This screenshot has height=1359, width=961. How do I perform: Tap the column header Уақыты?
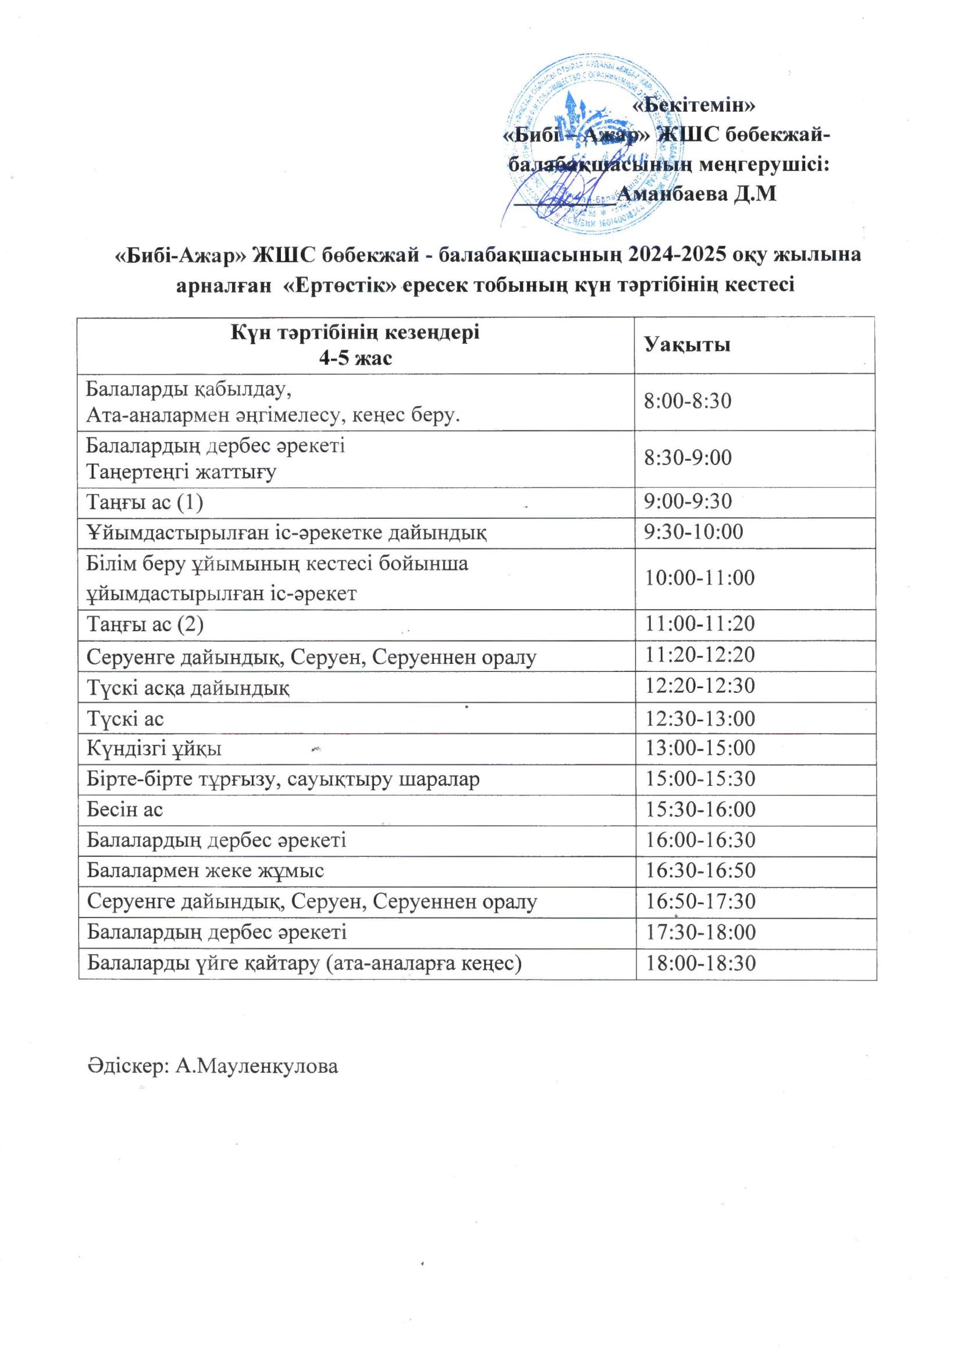(687, 345)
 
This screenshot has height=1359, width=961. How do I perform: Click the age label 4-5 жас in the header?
(355, 358)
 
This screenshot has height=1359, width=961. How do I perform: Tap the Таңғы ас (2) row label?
(145, 624)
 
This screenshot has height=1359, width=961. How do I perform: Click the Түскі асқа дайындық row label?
(188, 687)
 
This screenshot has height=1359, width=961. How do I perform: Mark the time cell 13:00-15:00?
(699, 748)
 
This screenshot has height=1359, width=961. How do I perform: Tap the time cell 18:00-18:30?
(700, 963)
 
